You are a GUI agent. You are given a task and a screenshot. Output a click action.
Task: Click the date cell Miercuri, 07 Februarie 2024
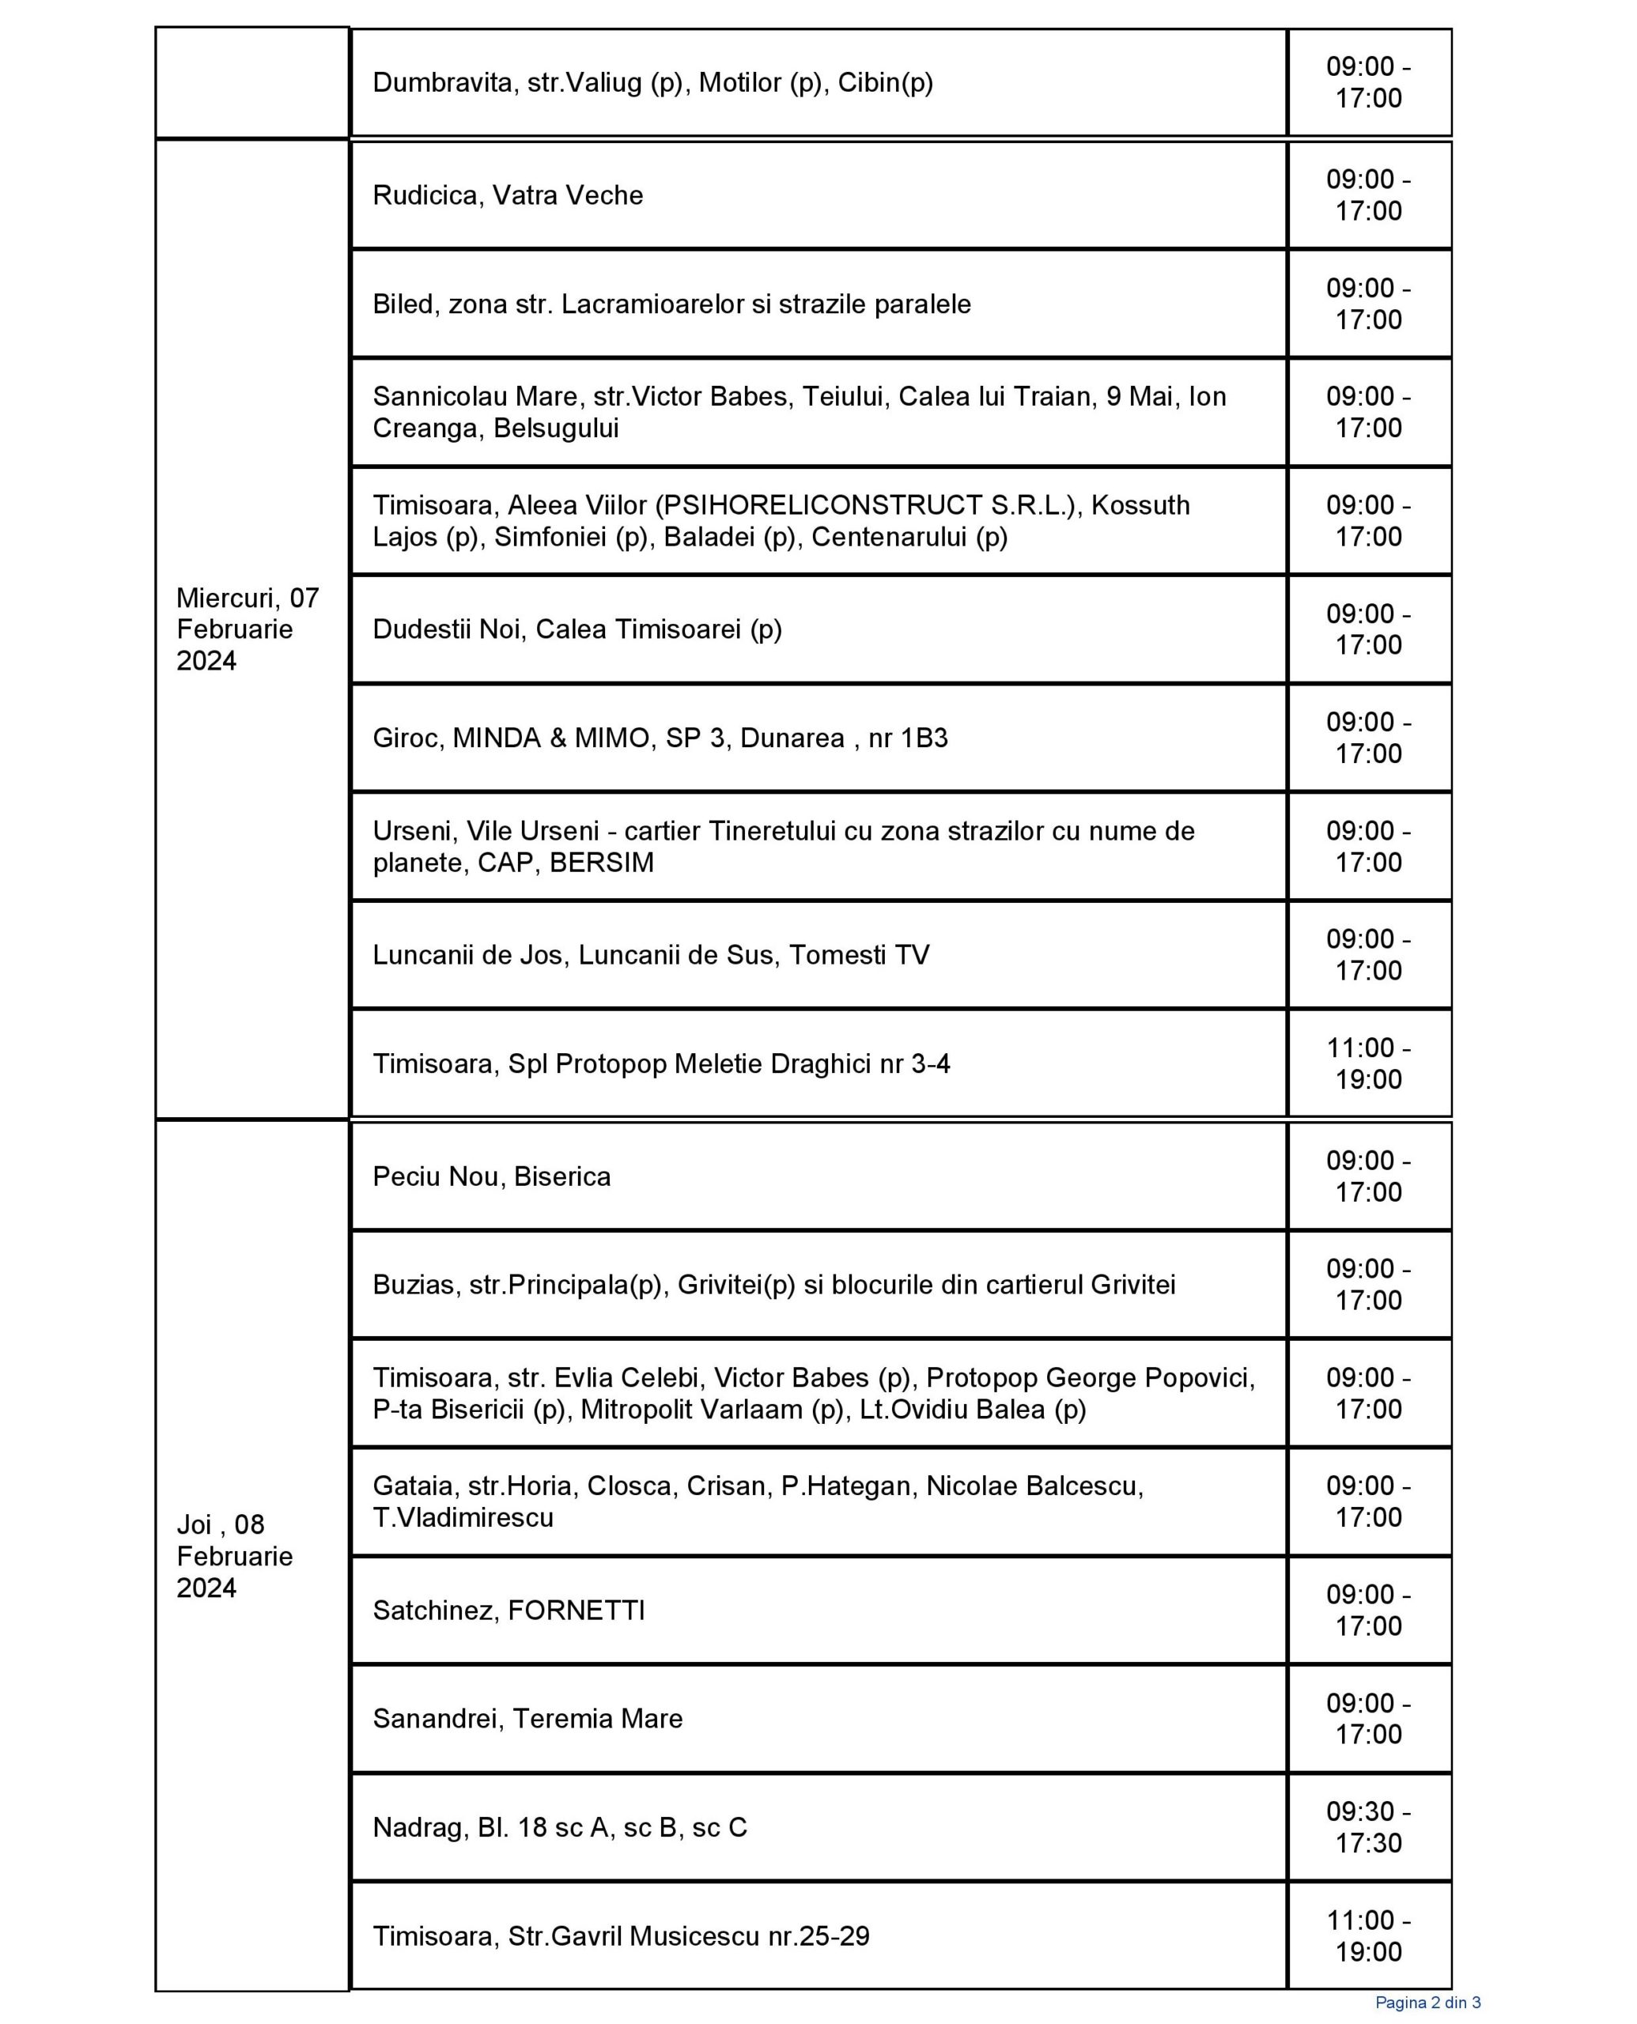pyautogui.click(x=247, y=629)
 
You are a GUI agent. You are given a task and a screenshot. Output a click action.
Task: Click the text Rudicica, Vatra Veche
pyautogui.click(x=508, y=195)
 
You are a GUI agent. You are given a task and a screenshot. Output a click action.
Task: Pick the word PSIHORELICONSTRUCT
pyautogui.click(x=871, y=505)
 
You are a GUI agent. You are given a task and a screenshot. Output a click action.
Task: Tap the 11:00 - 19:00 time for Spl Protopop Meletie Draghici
pyautogui.click(x=1368, y=1063)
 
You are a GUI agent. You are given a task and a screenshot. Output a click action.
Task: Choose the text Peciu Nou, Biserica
pyautogui.click(x=491, y=1176)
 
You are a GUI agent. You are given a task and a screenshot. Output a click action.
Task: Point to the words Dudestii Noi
pyautogui.click(x=447, y=629)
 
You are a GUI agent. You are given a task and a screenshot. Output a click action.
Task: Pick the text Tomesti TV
pyautogui.click(x=859, y=955)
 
